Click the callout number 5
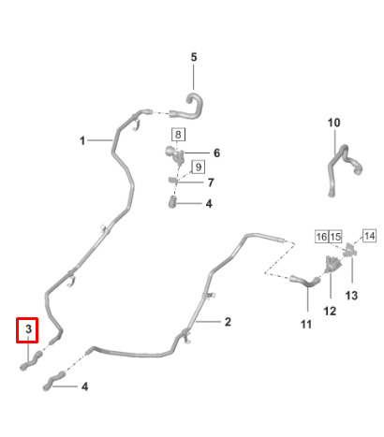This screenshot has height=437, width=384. tap(194, 57)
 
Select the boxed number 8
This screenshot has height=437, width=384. tap(178, 135)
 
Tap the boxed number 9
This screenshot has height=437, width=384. tap(199, 167)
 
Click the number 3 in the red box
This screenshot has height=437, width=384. tap(28, 328)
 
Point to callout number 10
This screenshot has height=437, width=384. tap(333, 123)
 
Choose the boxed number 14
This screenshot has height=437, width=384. tap(369, 236)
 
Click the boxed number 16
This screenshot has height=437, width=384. tap(321, 237)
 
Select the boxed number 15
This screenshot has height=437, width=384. tap(335, 237)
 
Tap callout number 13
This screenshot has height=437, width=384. tap(351, 295)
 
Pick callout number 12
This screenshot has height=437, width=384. tap(330, 311)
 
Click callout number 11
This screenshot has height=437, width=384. tap(306, 325)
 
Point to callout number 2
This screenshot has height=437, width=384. tap(228, 322)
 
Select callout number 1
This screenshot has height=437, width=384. tap(82, 140)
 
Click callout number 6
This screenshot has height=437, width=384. tap(216, 153)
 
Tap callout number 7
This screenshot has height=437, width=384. tap(211, 182)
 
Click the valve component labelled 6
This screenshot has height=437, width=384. tap(174, 154)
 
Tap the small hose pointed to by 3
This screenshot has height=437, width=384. tap(31, 361)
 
